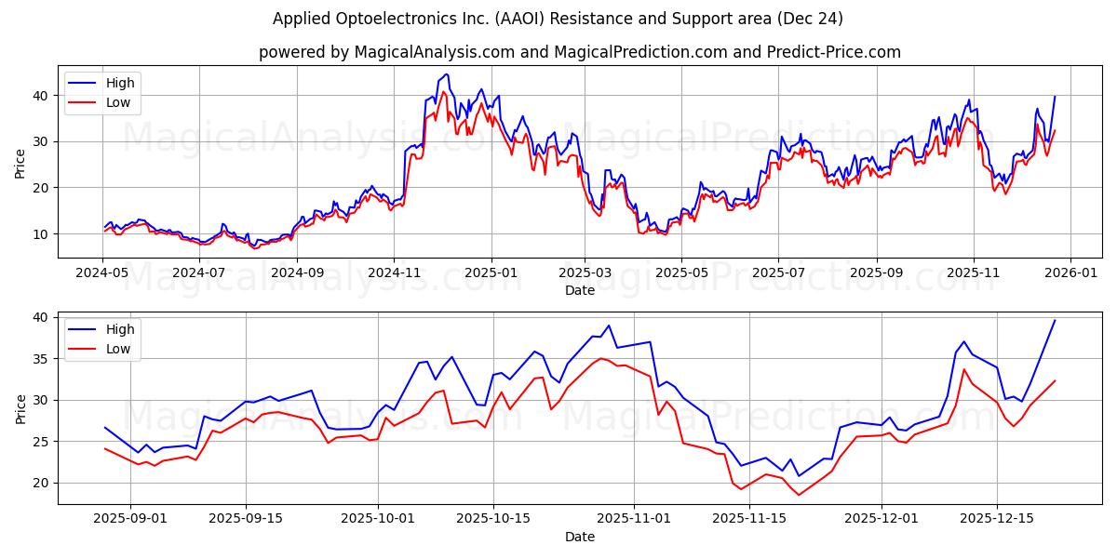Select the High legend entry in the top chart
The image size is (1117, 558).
pyautogui.click(x=120, y=83)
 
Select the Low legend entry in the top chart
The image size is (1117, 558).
pyautogui.click(x=118, y=102)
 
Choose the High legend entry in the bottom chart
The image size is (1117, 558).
pyautogui.click(x=120, y=329)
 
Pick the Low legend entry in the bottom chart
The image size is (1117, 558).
pyautogui.click(x=118, y=349)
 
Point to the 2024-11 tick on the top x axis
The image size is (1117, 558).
pyautogui.click(x=393, y=273)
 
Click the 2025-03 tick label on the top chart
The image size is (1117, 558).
pyautogui.click(x=585, y=273)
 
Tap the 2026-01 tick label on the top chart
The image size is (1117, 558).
pyautogui.click(x=1070, y=273)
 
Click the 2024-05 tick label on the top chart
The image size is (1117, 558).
pyautogui.click(x=102, y=273)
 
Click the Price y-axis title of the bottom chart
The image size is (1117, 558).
pyautogui.click(x=20, y=408)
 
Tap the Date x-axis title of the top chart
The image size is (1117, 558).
pyautogui.click(x=579, y=290)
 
